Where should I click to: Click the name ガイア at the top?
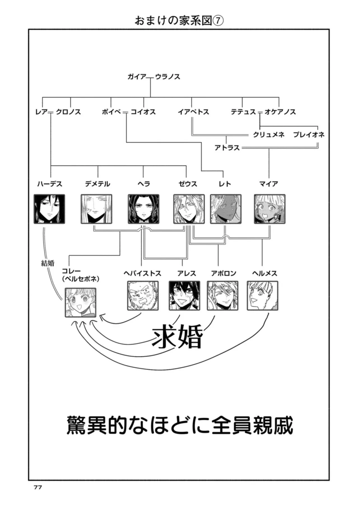tap(137, 77)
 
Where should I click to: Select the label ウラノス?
tap(167, 77)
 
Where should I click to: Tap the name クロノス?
tap(68, 112)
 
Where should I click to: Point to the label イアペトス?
tap(193, 112)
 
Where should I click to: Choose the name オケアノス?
tap(280, 112)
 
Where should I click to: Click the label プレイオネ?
tap(309, 135)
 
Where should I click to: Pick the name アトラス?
tap(227, 148)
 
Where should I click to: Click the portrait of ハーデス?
tap(49, 209)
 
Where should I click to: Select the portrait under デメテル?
tap(96, 209)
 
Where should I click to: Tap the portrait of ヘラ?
tap(144, 209)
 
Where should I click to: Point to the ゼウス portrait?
tap(189, 209)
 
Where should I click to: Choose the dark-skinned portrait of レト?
tap(226, 209)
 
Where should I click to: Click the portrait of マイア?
tap(269, 209)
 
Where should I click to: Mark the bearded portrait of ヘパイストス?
tap(143, 296)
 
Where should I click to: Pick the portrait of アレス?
tap(184, 296)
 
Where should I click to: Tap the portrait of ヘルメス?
tap(263, 296)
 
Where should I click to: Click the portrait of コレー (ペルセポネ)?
tap(80, 302)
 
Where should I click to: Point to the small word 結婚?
tap(48, 263)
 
